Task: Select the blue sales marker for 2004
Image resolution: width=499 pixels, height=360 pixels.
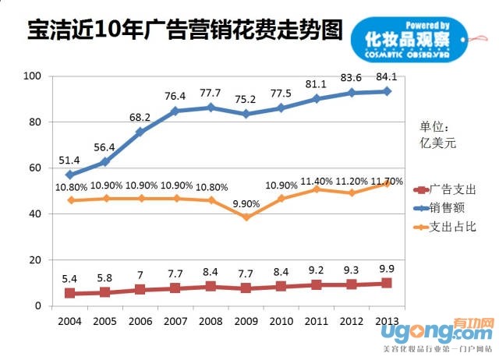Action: [70, 175]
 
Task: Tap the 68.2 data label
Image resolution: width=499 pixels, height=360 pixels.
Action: [140, 118]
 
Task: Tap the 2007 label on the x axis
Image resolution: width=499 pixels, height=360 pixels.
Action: [175, 320]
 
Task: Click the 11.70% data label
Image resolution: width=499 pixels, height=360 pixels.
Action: [386, 181]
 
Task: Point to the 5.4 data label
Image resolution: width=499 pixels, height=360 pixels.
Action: [70, 278]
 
